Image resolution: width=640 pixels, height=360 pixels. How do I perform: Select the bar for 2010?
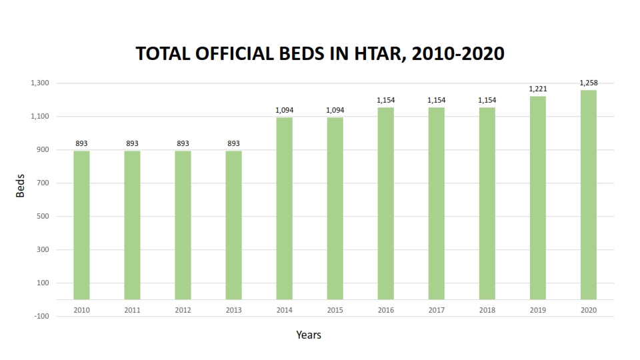pyautogui.click(x=81, y=225)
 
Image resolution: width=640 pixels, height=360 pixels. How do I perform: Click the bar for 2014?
pyautogui.click(x=284, y=208)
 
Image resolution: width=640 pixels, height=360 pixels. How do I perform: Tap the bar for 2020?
pyautogui.click(x=588, y=195)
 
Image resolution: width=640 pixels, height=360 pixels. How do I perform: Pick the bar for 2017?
pyautogui.click(x=436, y=203)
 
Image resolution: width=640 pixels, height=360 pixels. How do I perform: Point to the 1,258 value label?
pyautogui.click(x=588, y=83)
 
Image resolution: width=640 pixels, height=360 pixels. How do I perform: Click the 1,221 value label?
pyautogui.click(x=537, y=89)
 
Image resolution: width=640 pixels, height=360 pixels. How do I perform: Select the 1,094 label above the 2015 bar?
pyautogui.click(x=335, y=110)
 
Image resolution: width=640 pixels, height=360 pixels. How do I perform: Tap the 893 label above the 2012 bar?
pyautogui.click(x=183, y=143)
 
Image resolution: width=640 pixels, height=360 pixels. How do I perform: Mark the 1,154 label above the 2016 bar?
pyautogui.click(x=385, y=100)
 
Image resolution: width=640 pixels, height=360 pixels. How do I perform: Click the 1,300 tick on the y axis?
pyautogui.click(x=40, y=83)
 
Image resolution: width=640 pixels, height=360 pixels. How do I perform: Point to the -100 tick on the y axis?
pyautogui.click(x=41, y=316)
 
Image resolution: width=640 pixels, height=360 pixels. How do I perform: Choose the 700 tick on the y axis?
pyautogui.click(x=43, y=183)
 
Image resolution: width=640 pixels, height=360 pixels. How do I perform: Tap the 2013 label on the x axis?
pyautogui.click(x=233, y=311)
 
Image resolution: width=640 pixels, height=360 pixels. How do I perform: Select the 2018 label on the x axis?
pyautogui.click(x=487, y=311)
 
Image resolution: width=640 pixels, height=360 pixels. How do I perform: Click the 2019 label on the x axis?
pyautogui.click(x=537, y=311)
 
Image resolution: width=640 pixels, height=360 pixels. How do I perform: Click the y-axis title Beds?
pyautogui.click(x=21, y=186)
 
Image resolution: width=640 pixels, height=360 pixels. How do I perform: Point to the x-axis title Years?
pyautogui.click(x=309, y=335)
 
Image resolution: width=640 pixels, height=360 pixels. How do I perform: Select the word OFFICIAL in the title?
pyautogui.click(x=227, y=54)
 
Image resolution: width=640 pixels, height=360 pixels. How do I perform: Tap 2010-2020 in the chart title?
pyautogui.click(x=458, y=54)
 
